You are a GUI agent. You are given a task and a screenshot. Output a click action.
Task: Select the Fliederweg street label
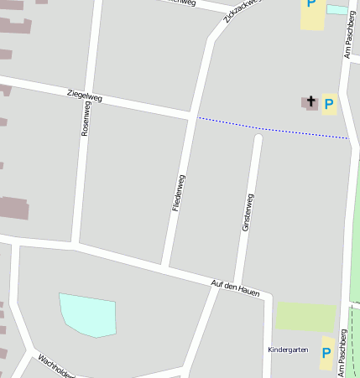178,192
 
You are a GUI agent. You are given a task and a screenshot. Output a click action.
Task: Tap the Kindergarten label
288,350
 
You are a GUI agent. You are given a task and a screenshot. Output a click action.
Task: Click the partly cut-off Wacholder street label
56,367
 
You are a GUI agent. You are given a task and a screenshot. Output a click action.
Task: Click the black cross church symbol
310,102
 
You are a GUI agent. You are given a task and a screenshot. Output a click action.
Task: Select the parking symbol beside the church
329,105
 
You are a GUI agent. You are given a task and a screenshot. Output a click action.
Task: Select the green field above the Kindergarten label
305,317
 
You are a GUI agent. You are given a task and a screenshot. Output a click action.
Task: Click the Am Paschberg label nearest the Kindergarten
343,351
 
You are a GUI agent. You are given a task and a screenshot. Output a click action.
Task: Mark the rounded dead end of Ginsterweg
258,139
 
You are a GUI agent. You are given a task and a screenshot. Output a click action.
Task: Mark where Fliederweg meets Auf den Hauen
165,267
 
